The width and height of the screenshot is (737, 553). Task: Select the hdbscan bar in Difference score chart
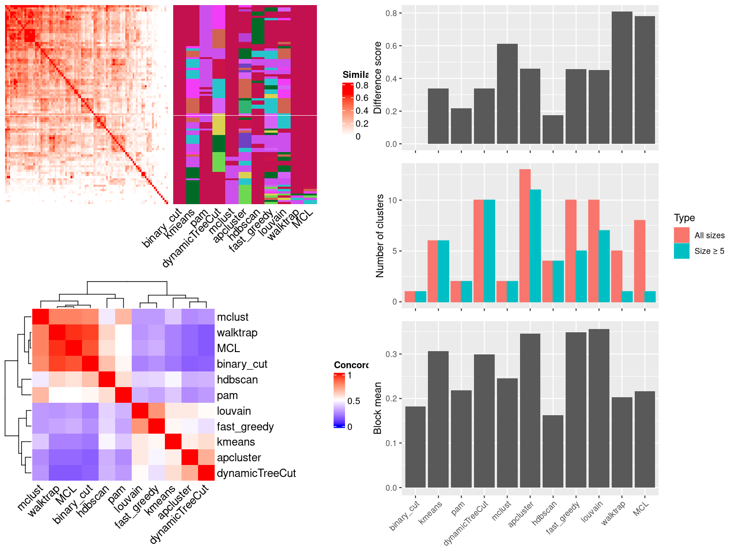pyautogui.click(x=553, y=129)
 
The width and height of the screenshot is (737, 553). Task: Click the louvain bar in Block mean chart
pyautogui.click(x=599, y=408)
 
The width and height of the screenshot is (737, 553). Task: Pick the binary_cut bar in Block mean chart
pyautogui.click(x=415, y=447)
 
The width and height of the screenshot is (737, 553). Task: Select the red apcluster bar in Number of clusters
pyautogui.click(x=525, y=235)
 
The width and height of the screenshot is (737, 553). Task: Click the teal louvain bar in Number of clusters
pyautogui.click(x=604, y=266)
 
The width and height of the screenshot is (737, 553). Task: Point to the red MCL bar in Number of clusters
pyautogui.click(x=639, y=261)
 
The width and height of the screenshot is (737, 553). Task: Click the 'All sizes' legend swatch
pyautogui.click(x=681, y=235)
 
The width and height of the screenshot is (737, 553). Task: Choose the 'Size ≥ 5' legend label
pyautogui.click(x=709, y=251)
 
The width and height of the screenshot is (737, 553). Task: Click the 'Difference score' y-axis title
pyautogui.click(x=378, y=77)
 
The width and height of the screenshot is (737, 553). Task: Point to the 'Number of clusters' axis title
pyautogui.click(x=380, y=235)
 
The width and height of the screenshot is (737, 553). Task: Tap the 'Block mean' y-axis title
pyautogui.click(x=378, y=408)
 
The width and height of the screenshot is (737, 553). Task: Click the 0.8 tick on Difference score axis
pyautogui.click(x=391, y=13)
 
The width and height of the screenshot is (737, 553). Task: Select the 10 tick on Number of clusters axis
pyautogui.click(x=392, y=200)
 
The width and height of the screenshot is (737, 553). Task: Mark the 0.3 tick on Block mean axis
pyautogui.click(x=391, y=354)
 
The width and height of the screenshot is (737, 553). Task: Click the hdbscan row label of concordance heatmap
pyautogui.click(x=237, y=380)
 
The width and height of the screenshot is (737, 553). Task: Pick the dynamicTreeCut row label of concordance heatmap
pyautogui.click(x=256, y=473)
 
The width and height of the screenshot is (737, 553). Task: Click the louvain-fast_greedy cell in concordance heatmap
pyautogui.click(x=156, y=411)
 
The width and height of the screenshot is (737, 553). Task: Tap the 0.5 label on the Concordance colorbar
pyautogui.click(x=354, y=401)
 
